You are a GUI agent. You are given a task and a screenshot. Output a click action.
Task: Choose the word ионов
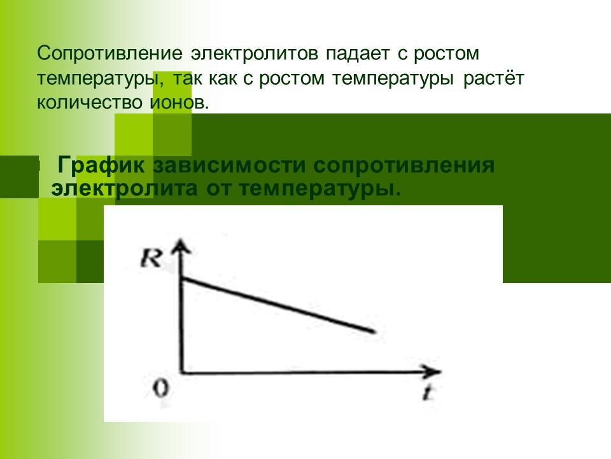(x=169, y=103)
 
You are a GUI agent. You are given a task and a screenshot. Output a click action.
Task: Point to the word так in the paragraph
(x=193, y=78)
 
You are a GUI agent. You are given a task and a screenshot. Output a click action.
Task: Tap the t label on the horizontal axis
(x=430, y=393)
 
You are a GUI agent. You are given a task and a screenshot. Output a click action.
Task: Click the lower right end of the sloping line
(x=373, y=331)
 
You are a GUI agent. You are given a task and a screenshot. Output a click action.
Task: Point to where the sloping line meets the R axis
(x=183, y=279)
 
